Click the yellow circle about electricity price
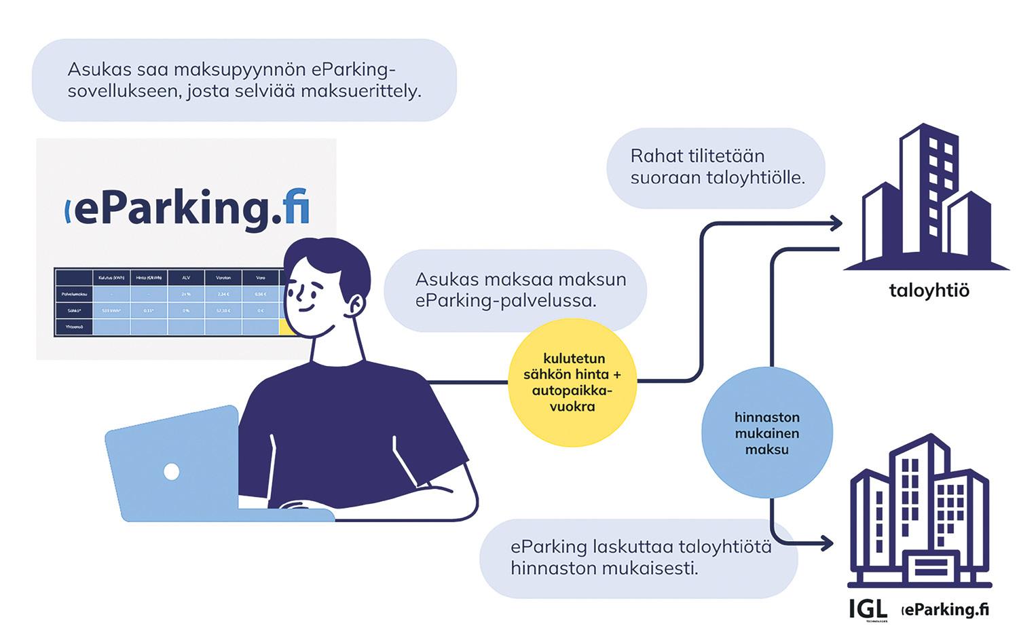point(572,382)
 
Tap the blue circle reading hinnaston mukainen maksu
point(766,433)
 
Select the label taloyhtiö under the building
point(929,291)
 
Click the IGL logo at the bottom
point(868,609)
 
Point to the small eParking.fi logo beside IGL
point(945,609)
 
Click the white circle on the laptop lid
point(172,471)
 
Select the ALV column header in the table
point(186,277)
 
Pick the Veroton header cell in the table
point(223,277)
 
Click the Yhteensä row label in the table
point(73,327)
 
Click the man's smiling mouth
point(306,307)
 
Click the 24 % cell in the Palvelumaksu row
point(186,295)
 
